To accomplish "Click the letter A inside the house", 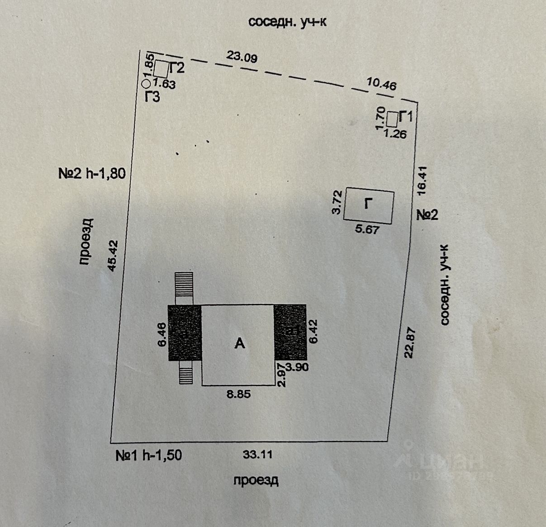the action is [239, 344].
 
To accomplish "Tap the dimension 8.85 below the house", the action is [238, 394].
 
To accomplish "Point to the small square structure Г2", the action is [161, 69].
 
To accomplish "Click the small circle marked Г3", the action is [146, 84].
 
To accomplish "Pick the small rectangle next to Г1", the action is [392, 119].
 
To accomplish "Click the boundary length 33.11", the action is [257, 455].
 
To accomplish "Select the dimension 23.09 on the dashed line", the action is [242, 57].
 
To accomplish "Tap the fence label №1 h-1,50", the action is [149, 455].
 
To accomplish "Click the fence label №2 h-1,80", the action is [92, 173].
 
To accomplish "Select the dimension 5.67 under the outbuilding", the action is [367, 229].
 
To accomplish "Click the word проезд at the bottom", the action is [256, 480].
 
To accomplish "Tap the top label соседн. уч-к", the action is [287, 23].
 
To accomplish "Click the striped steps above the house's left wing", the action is [184, 285].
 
